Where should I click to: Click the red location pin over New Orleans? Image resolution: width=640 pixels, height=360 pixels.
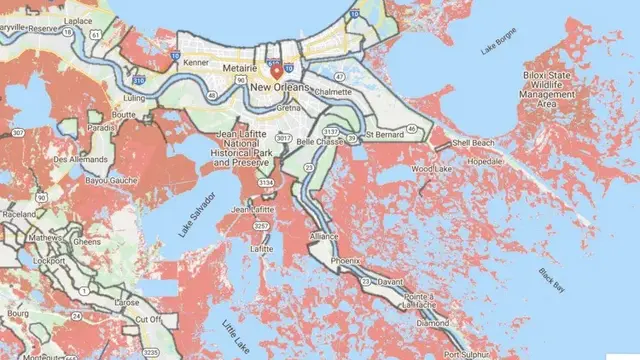277,73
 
